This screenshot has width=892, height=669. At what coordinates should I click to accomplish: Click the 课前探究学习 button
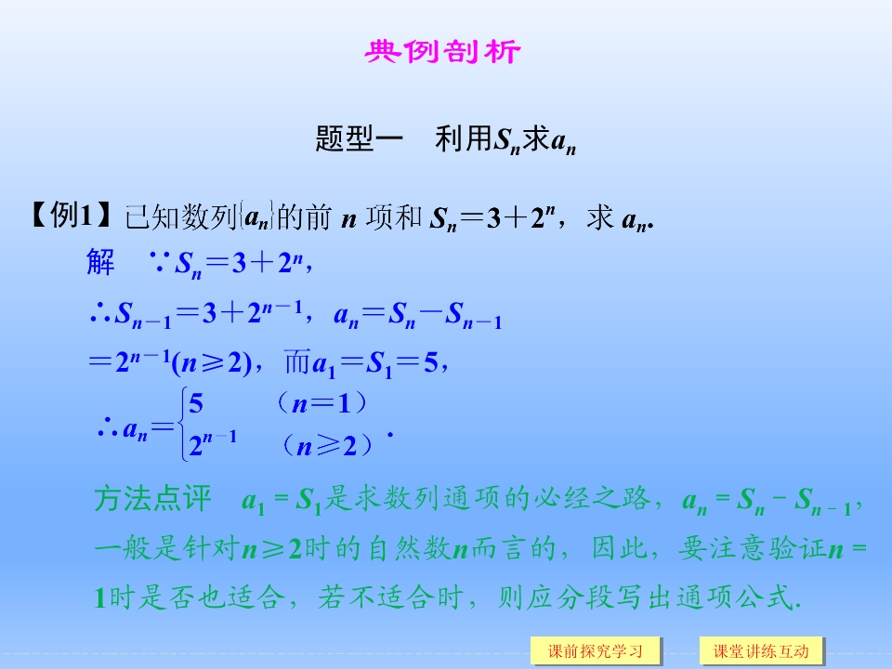click(x=596, y=650)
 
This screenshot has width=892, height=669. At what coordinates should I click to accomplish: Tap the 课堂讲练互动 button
click(x=761, y=650)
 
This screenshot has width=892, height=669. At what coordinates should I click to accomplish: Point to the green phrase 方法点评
click(x=153, y=500)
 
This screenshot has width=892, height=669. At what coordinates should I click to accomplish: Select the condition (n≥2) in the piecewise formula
click(x=329, y=446)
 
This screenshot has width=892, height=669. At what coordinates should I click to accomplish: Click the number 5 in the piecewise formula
click(x=195, y=404)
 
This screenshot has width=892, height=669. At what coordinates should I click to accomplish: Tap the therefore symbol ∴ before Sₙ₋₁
click(x=100, y=315)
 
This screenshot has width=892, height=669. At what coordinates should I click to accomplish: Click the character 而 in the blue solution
click(x=297, y=363)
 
